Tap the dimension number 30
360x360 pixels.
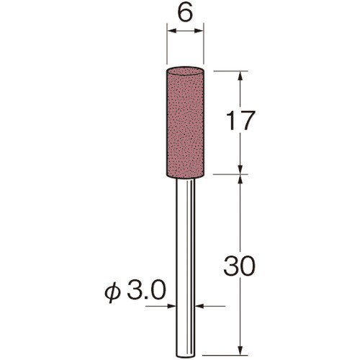238,265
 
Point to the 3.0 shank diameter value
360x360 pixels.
146,291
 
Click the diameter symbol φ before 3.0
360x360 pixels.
112,293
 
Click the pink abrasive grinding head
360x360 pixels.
185,122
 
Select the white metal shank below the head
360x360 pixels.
185,269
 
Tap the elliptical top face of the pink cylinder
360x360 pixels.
185,71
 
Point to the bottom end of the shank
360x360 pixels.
185,356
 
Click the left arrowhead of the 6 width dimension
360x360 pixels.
171,30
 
